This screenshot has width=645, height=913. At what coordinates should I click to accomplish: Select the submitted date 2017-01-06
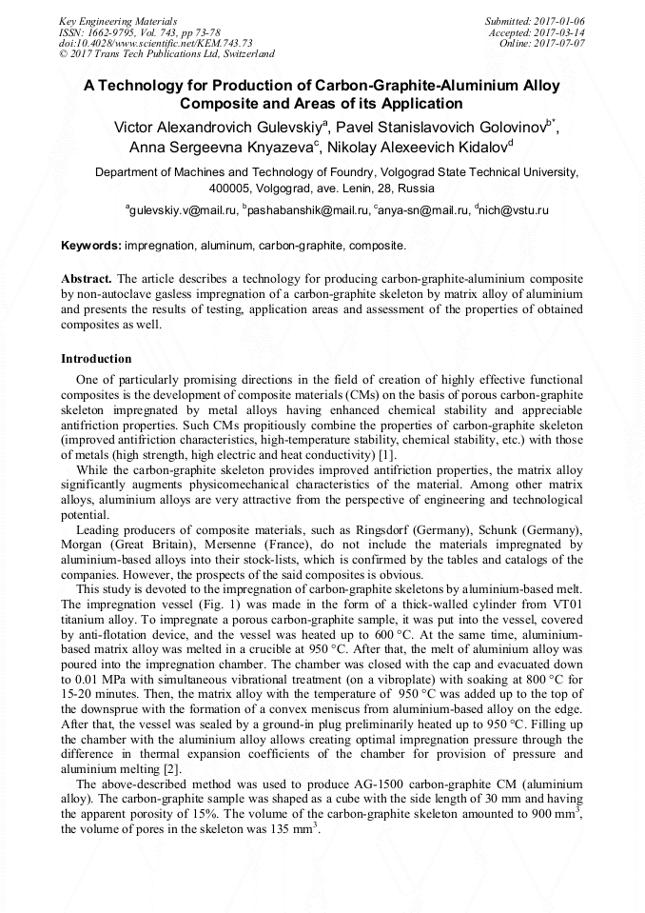pyautogui.click(x=559, y=20)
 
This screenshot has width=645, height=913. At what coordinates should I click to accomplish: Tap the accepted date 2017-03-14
pyautogui.click(x=559, y=31)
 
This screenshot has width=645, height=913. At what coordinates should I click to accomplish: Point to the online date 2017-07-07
pyautogui.click(x=559, y=43)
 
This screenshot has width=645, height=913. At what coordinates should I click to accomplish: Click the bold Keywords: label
pyautogui.click(x=91, y=246)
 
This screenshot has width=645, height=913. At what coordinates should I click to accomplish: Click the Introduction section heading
pyautogui.click(x=96, y=359)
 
